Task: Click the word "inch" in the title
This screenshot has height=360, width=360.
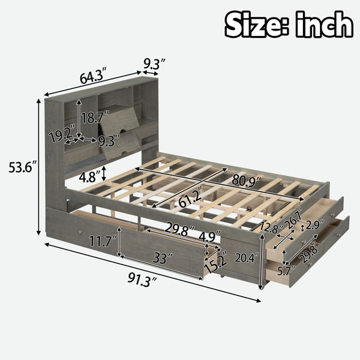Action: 324,25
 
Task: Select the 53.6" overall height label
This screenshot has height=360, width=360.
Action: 23,167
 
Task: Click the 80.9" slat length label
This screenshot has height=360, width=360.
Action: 247,179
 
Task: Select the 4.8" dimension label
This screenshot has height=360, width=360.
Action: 89,176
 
